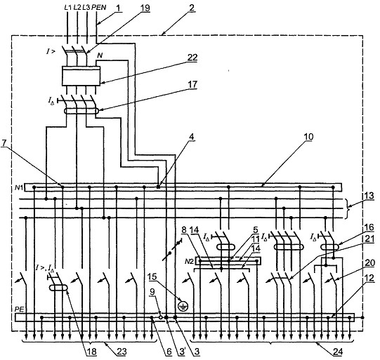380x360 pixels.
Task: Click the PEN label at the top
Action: [99, 8]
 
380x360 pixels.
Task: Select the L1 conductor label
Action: [68, 8]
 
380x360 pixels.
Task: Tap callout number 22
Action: [192, 58]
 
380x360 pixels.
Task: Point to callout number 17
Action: [192, 85]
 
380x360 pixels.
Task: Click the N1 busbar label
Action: [19, 187]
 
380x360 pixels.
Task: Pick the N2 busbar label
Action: [189, 262]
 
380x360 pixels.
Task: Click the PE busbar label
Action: [19, 310]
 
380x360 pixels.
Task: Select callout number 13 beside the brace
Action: [369, 196]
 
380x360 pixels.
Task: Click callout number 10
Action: [308, 137]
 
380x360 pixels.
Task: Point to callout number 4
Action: [192, 137]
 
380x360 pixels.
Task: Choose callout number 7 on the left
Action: [4, 143]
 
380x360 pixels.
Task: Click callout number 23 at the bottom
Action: [122, 352]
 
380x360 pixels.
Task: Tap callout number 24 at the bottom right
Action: [338, 352]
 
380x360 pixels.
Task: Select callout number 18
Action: [92, 352]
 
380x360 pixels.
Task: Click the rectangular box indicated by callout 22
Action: [81, 76]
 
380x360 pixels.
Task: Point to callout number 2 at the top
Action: [192, 8]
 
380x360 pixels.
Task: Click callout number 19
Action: [145, 8]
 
